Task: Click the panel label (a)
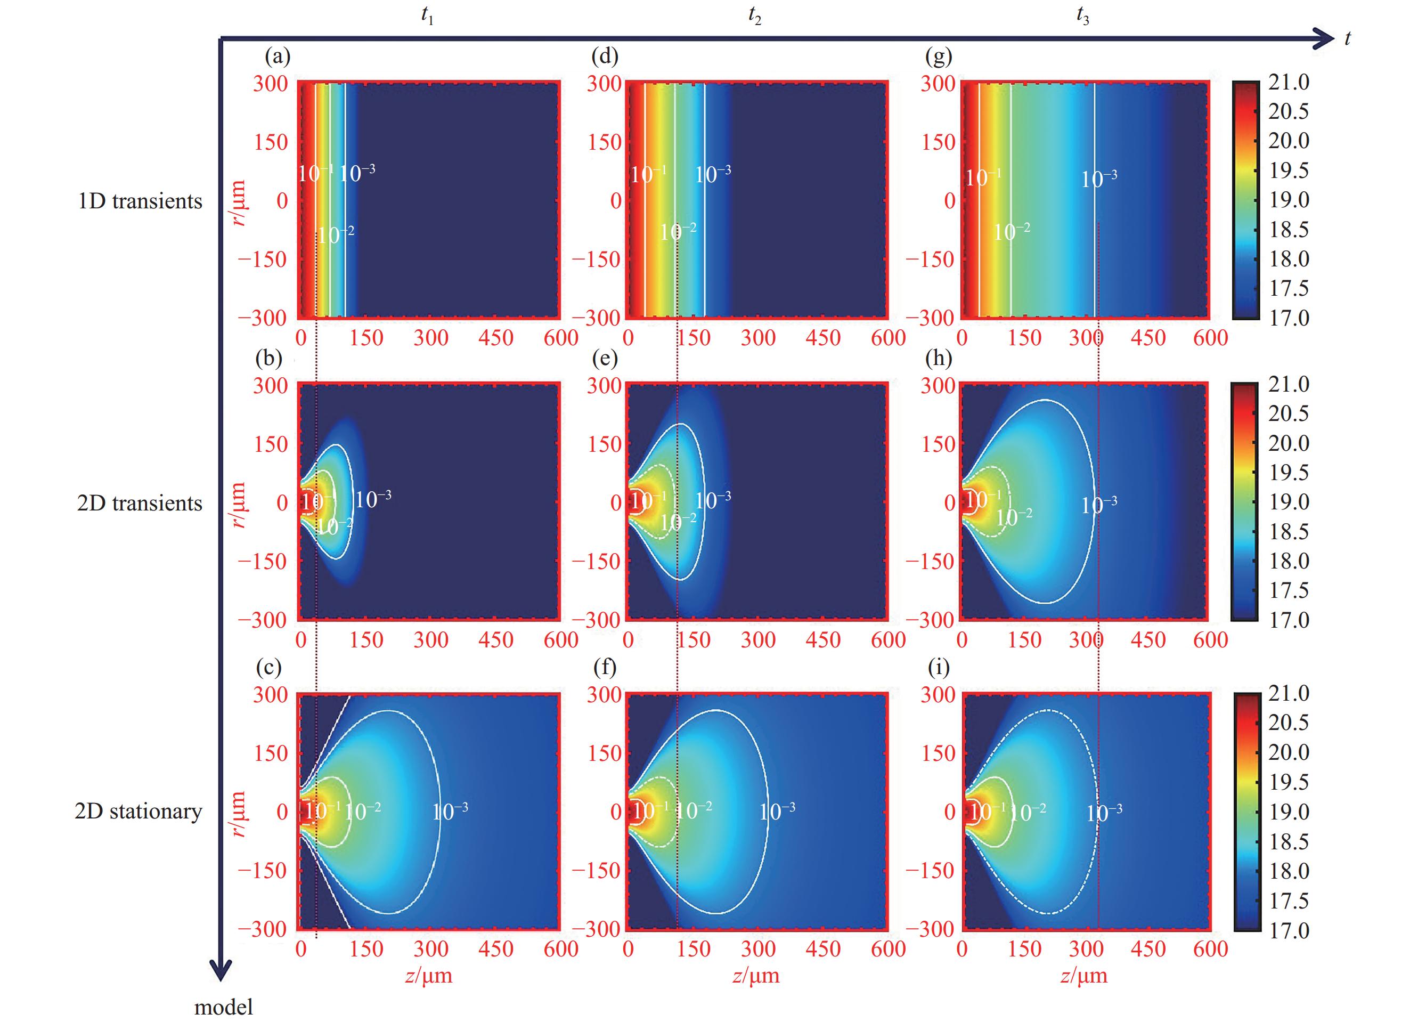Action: pyautogui.click(x=278, y=57)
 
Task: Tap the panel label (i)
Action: pyautogui.click(x=939, y=667)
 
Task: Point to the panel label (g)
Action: pyautogui.click(x=939, y=57)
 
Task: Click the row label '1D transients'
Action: pyautogui.click(x=140, y=201)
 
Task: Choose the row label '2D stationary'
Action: pyautogui.click(x=138, y=812)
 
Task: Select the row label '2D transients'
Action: pyautogui.click(x=140, y=503)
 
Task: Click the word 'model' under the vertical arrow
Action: pyautogui.click(x=223, y=1007)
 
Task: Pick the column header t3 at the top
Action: pyautogui.click(x=1082, y=17)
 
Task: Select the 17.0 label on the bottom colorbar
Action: pyautogui.click(x=1289, y=930)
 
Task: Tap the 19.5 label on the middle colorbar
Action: pyautogui.click(x=1289, y=472)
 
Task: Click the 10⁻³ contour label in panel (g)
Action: pyautogui.click(x=1099, y=179)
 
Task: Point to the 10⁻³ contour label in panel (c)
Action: pyautogui.click(x=450, y=812)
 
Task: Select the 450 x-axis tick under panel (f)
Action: pyautogui.click(x=823, y=948)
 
